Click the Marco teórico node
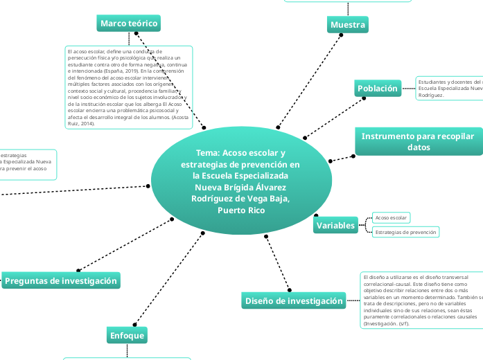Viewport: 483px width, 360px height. (x=129, y=24)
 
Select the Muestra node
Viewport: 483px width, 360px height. (x=347, y=25)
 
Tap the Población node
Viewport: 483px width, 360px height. (x=378, y=88)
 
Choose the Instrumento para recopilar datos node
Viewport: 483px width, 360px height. (x=419, y=141)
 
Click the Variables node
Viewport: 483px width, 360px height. (x=336, y=226)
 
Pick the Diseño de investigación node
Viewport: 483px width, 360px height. (x=295, y=300)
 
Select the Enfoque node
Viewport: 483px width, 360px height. (x=128, y=336)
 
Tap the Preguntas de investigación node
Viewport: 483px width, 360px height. (x=61, y=280)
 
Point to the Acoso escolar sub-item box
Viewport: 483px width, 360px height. (x=391, y=218)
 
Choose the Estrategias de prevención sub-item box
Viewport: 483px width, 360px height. (x=405, y=232)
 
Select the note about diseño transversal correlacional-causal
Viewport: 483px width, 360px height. (x=420, y=300)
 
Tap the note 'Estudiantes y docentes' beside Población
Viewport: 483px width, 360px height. (x=449, y=88)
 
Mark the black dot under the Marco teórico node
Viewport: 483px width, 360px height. (x=137, y=33)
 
